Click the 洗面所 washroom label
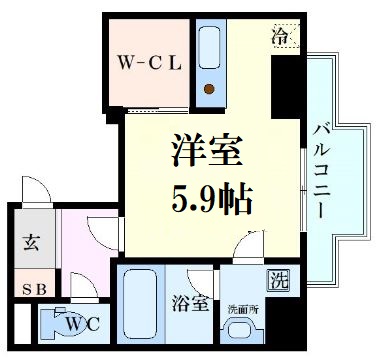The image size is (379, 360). pyautogui.click(x=241, y=307)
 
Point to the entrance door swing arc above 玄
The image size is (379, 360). pyautogui.click(x=35, y=190)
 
